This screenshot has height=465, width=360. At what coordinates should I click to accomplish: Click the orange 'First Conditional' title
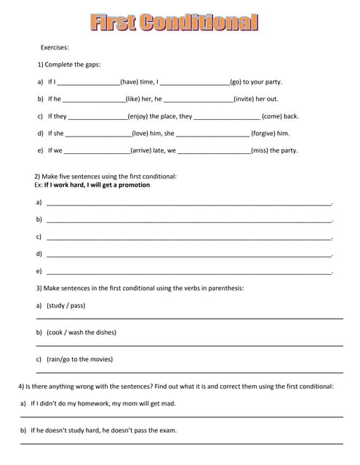click(x=175, y=23)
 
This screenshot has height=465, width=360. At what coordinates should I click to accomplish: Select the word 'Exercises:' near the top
click(x=55, y=47)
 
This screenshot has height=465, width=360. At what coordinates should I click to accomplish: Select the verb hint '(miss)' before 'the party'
click(x=260, y=151)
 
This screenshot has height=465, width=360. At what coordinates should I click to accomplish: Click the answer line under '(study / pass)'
click(x=189, y=318)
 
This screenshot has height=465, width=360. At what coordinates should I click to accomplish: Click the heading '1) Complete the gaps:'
click(x=69, y=64)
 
